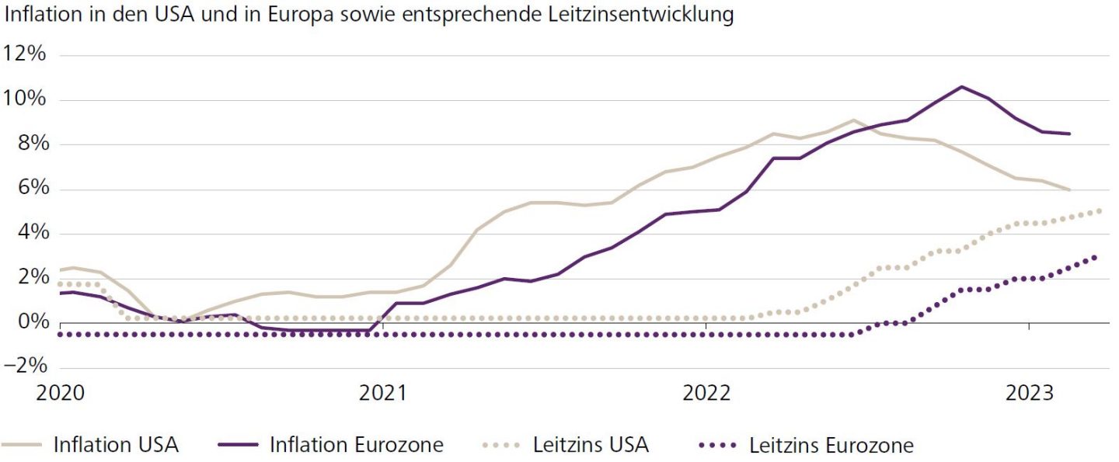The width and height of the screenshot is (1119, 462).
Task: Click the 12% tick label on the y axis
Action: pyautogui.click(x=26, y=55)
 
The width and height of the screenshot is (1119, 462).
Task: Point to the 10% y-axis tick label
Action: pyautogui.click(x=26, y=100)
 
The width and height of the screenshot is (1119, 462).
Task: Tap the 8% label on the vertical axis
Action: pyautogui.click(x=31, y=144)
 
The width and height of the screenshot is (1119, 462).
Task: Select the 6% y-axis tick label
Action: pyautogui.click(x=31, y=189)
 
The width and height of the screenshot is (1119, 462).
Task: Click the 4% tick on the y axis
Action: pyautogui.click(x=31, y=234)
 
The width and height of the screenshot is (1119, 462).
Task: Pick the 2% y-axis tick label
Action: pyautogui.click(x=31, y=279)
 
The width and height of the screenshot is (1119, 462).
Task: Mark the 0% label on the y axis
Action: pyautogui.click(x=31, y=323)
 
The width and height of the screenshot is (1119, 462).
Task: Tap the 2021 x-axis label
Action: pyautogui.click(x=382, y=393)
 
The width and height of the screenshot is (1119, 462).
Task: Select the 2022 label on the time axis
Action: pyautogui.click(x=706, y=393)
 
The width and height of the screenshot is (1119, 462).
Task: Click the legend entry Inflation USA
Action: pyautogui.click(x=116, y=445)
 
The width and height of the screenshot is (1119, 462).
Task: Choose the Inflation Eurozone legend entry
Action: pyautogui.click(x=356, y=445)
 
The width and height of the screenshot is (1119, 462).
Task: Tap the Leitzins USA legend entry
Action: pyautogui.click(x=591, y=445)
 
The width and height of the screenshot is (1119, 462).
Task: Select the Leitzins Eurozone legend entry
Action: pyautogui.click(x=831, y=445)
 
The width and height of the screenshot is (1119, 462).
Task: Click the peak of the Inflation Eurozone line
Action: pyautogui.click(x=962, y=86)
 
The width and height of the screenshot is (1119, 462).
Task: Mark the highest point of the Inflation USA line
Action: pyautogui.click(x=853, y=120)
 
